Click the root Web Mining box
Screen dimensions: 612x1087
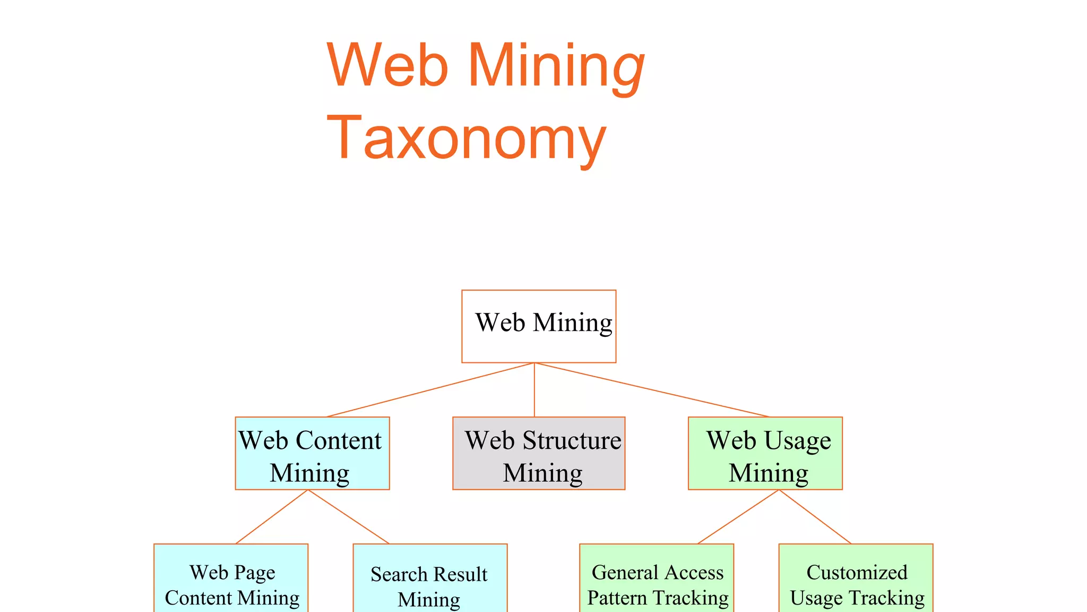539,326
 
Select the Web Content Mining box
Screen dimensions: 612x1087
312,453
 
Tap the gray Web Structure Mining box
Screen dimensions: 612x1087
539,453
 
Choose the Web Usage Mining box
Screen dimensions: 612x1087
765,453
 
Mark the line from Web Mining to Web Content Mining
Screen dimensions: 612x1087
430,390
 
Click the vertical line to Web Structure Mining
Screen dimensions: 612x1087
534,390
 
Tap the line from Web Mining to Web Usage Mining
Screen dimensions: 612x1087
652,390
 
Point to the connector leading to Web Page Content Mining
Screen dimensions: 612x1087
272,516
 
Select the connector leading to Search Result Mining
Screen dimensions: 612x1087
349,516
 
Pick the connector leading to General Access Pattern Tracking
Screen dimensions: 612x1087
738,516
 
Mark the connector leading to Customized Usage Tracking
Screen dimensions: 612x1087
815,516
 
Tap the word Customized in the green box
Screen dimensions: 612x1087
857,572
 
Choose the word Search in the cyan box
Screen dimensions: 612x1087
399,574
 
